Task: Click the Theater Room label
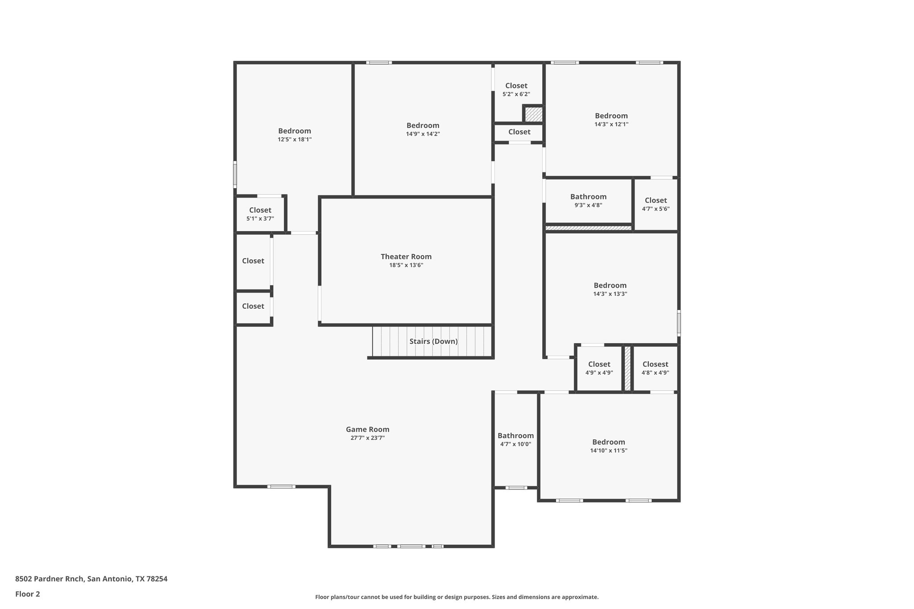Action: point(406,257)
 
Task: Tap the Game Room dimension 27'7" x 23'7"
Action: point(367,438)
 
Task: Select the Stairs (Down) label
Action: point(433,341)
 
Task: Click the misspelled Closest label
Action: point(655,364)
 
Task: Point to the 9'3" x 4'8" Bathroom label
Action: point(588,197)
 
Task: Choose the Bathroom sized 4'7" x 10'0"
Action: point(515,436)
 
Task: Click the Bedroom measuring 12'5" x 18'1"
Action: point(294,131)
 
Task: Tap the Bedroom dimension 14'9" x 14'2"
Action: point(423,134)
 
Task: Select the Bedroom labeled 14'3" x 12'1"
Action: point(611,116)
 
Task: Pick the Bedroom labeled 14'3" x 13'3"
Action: point(610,286)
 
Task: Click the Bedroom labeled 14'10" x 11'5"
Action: point(608,442)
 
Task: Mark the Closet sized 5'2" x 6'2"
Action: point(516,86)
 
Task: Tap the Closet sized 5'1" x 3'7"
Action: point(260,210)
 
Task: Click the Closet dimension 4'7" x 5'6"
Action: point(656,209)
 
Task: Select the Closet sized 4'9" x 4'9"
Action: point(599,364)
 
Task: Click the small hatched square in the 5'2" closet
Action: point(533,114)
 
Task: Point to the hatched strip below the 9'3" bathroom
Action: point(588,228)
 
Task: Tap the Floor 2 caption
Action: point(28,594)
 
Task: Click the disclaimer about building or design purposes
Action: point(457,597)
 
